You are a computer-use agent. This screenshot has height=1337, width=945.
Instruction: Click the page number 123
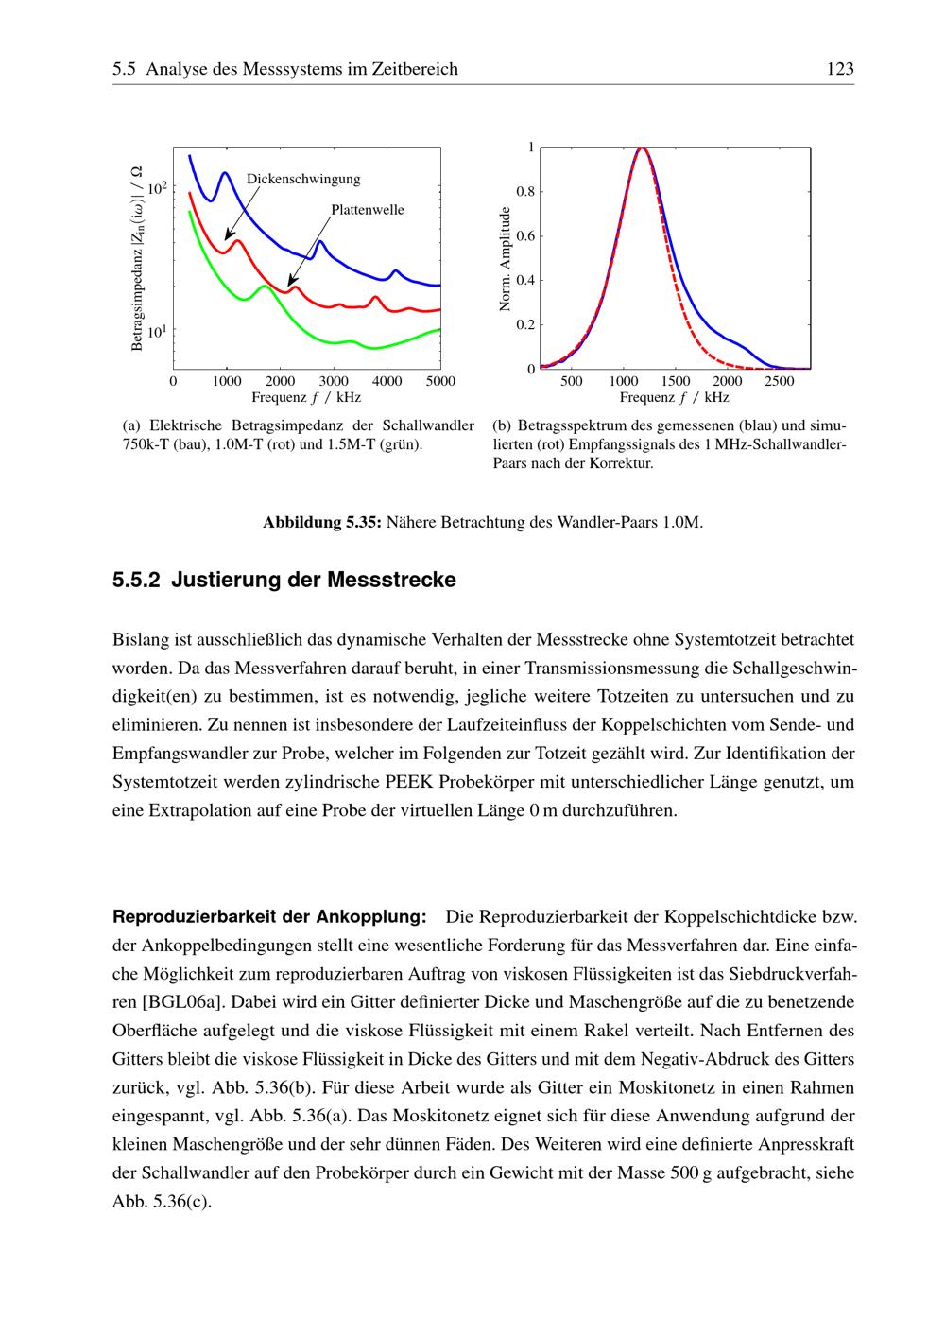click(x=839, y=69)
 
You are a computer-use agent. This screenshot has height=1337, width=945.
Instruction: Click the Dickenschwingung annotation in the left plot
click(x=302, y=179)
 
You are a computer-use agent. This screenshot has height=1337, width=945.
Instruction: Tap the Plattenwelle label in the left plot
click(x=367, y=210)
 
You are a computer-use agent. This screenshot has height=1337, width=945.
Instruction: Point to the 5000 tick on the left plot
click(x=440, y=381)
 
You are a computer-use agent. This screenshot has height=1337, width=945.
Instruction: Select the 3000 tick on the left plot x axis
click(x=334, y=381)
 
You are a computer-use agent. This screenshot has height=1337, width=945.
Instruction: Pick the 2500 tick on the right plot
click(x=780, y=381)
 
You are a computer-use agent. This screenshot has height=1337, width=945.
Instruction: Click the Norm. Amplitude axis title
click(x=505, y=258)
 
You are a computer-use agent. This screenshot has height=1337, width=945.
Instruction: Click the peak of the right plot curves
click(x=642, y=148)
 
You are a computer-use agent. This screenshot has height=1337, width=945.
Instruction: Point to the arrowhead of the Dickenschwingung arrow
click(x=227, y=238)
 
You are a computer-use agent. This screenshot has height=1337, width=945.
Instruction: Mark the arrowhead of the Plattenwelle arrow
click(x=289, y=285)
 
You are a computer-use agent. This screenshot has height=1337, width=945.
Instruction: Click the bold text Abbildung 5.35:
click(x=322, y=522)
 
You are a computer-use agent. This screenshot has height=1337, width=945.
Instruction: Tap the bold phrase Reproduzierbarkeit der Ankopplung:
click(x=269, y=917)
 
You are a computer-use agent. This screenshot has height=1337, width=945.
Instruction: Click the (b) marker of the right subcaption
click(x=502, y=426)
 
